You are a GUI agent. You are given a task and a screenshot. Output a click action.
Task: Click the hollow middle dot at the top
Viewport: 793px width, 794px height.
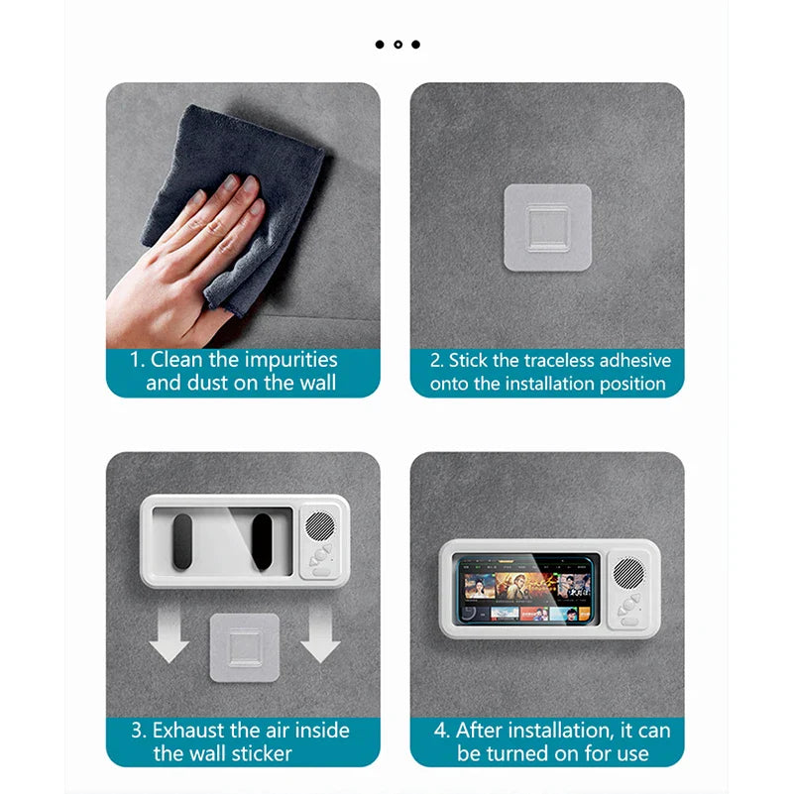pos(396,44)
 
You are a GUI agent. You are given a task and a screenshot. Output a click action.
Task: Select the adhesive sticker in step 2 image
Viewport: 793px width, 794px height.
pos(547,227)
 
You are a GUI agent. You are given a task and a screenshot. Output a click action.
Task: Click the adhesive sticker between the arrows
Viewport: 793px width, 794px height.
pos(243,646)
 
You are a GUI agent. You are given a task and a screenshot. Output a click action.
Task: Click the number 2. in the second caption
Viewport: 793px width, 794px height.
pos(436,361)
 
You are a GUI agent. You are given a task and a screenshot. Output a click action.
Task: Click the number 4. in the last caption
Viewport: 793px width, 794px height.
pos(442,731)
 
